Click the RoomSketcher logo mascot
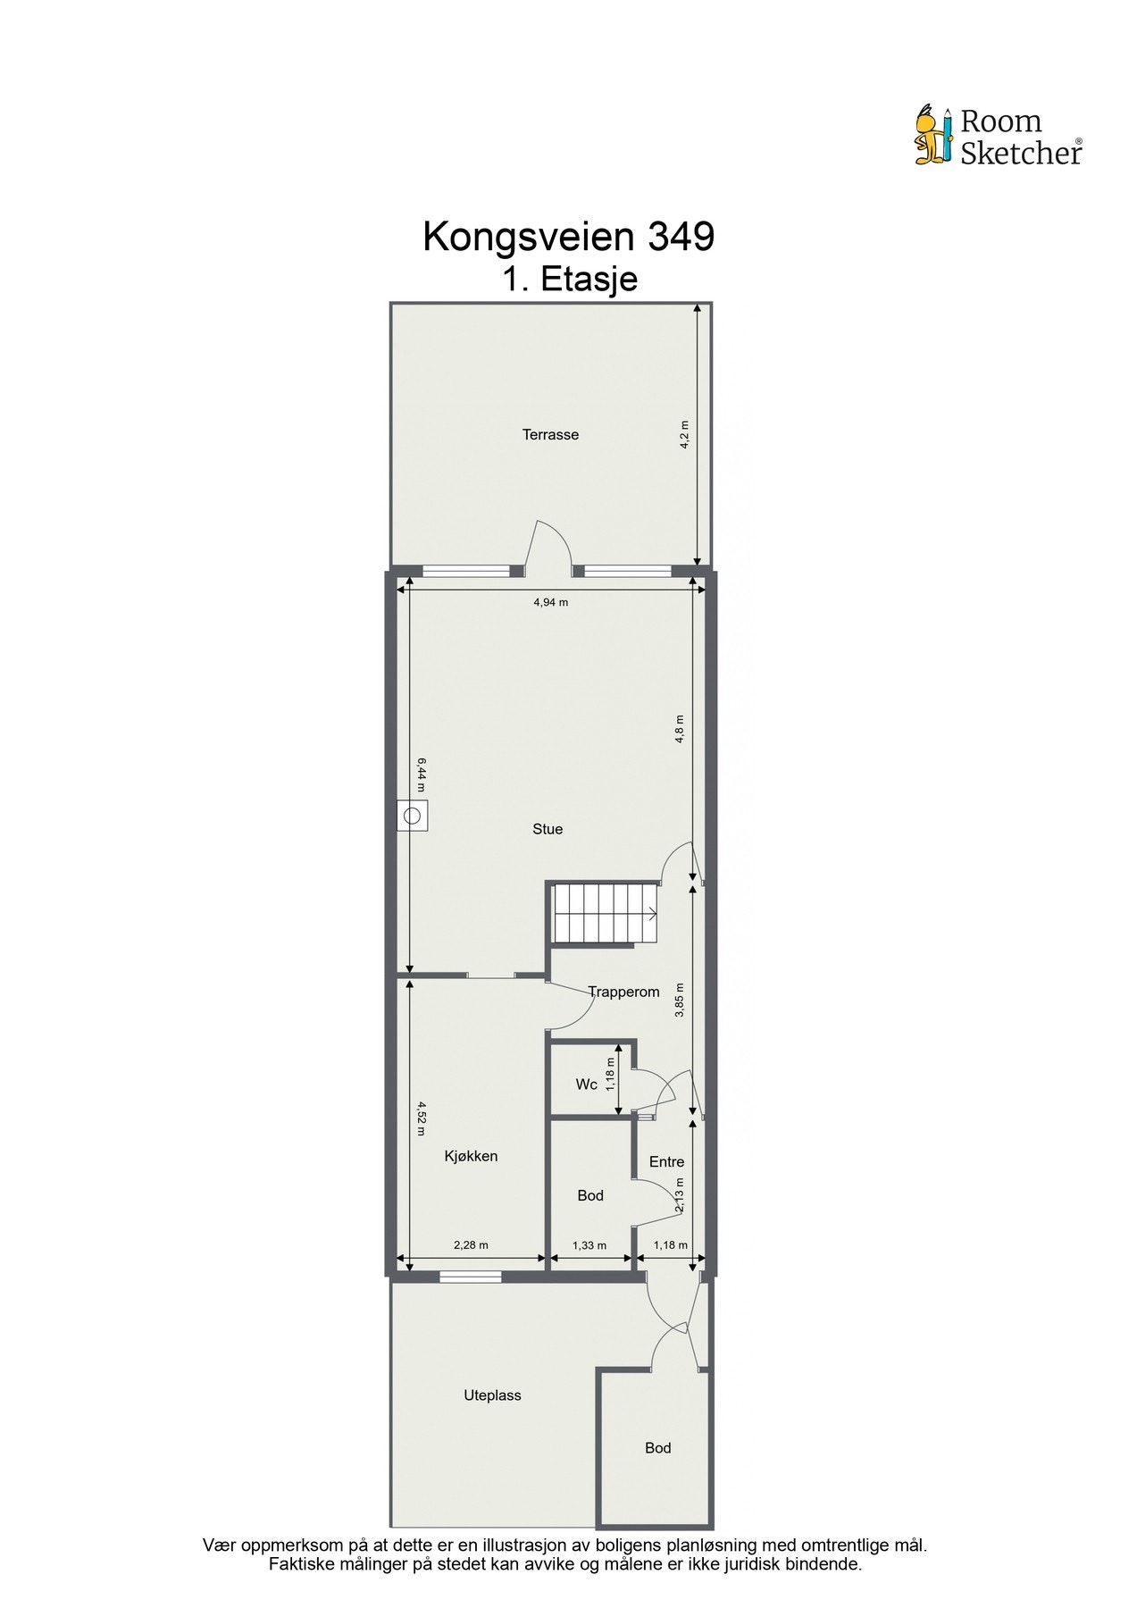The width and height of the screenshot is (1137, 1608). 934,136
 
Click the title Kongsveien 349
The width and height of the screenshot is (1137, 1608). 568,237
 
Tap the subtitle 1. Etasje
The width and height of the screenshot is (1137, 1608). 569,279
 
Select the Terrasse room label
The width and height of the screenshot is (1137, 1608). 550,435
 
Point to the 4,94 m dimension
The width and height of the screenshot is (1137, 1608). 550,602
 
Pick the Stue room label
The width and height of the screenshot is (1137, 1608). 548,829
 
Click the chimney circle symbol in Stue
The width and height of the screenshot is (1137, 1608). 413,816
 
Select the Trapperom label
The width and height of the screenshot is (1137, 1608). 623,992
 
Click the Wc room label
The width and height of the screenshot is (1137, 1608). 586,1085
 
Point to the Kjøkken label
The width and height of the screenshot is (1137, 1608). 471,1156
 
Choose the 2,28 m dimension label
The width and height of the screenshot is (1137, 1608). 471,1245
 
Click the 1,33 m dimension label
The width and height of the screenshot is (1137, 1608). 589,1245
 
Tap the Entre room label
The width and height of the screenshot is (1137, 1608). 666,1162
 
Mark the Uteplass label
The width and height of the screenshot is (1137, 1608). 492,1395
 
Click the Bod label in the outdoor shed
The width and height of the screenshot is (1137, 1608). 657,1448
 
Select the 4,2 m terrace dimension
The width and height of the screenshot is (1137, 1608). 685,435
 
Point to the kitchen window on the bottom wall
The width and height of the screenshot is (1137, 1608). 470,1277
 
